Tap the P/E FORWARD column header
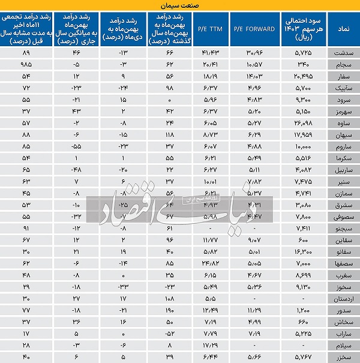click(x=253, y=28)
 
